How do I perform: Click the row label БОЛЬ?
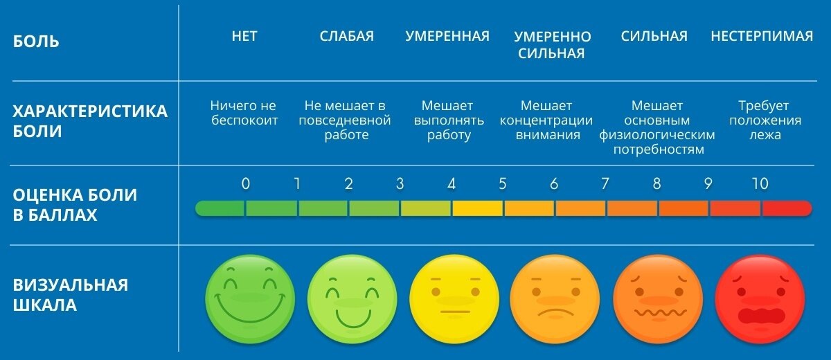37,42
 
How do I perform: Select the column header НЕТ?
244,37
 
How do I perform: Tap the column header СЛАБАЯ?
346,37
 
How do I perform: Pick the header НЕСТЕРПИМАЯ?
762,37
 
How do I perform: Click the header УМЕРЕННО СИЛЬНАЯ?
552,45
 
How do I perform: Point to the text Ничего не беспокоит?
244,113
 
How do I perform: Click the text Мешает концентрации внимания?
547,120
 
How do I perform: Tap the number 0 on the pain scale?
246,184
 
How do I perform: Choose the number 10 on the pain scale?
760,184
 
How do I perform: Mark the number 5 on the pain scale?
503,184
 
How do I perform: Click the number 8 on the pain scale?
656,184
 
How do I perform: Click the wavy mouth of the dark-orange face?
658,313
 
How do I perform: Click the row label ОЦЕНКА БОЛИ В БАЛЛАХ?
75,205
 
